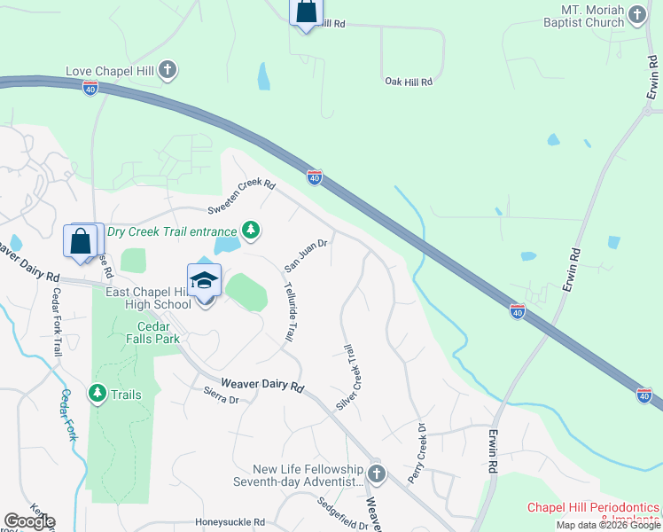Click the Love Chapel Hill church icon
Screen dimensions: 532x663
[x=168, y=70]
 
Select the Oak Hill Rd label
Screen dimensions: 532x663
[x=408, y=82]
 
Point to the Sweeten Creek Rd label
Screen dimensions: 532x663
[x=242, y=198]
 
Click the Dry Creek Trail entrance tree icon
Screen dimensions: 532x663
[x=252, y=231]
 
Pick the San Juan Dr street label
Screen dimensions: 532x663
[x=306, y=254]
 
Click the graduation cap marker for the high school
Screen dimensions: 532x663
[x=205, y=281]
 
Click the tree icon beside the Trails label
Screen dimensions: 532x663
[x=97, y=392]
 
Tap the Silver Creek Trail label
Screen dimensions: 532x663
[x=351, y=378]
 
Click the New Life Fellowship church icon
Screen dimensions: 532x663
[x=377, y=473]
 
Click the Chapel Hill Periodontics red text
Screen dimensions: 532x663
[x=594, y=508]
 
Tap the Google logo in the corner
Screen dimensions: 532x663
[x=29, y=521]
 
